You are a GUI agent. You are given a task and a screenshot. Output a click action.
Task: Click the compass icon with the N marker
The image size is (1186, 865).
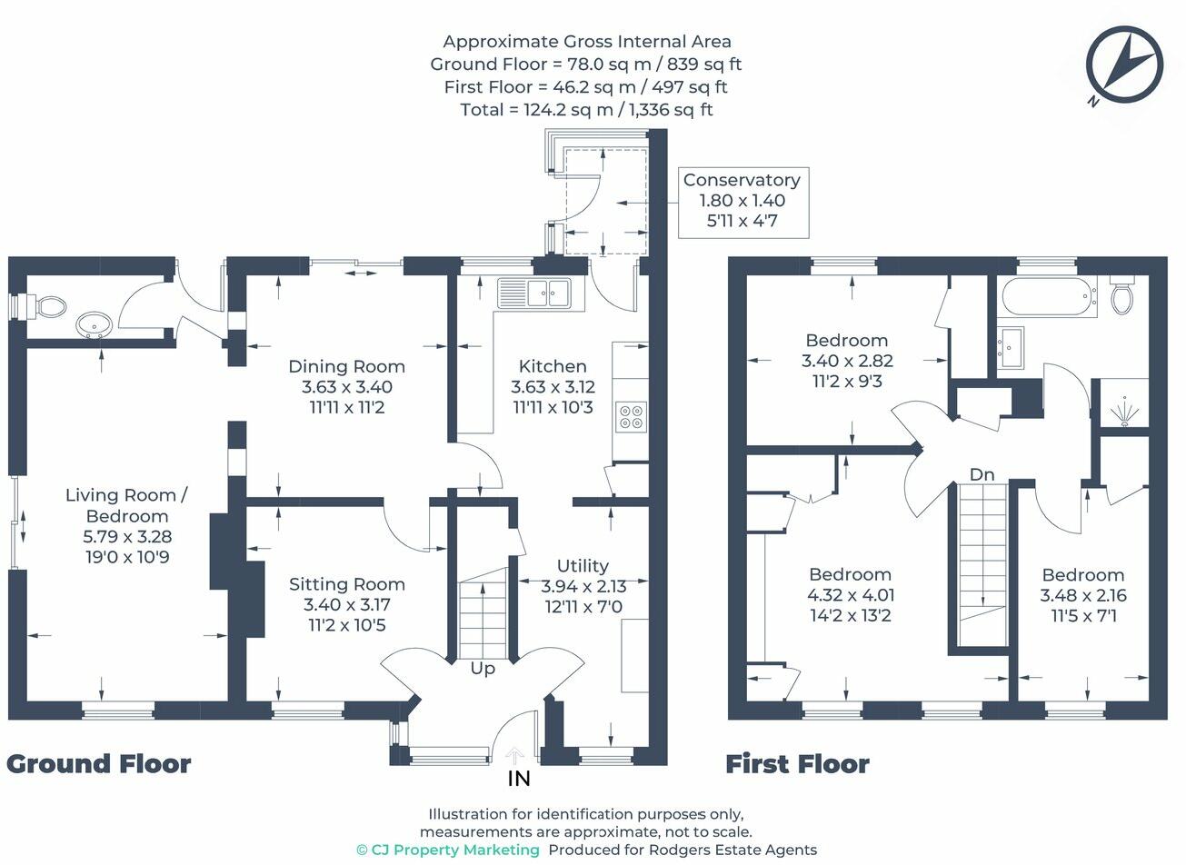pyautogui.click(x=1124, y=65)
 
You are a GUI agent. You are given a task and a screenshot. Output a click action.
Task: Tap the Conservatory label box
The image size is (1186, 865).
pyautogui.click(x=743, y=203)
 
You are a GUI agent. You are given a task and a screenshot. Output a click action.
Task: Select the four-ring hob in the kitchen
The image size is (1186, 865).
pyautogui.click(x=631, y=416)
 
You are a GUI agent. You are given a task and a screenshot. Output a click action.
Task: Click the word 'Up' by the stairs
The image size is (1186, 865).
pyautogui.click(x=483, y=670)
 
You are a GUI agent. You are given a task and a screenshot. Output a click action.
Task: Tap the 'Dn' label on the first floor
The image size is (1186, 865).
pyautogui.click(x=982, y=475)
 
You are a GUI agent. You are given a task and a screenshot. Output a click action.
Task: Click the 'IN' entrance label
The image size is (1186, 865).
pyautogui.click(x=518, y=779)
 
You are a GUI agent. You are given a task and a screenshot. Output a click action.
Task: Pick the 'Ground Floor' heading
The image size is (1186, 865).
pyautogui.click(x=99, y=764)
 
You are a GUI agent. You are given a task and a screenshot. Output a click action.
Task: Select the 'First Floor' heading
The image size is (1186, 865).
pyautogui.click(x=797, y=764)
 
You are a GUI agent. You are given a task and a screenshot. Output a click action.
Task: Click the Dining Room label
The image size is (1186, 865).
pyautogui.click(x=347, y=366)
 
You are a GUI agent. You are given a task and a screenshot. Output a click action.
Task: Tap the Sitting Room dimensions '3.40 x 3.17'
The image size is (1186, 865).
pyautogui.click(x=347, y=604)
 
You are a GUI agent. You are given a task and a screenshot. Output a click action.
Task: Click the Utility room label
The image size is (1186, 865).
pyautogui.click(x=583, y=566)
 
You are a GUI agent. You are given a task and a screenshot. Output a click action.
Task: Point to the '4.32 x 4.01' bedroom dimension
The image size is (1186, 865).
pyautogui.click(x=851, y=595)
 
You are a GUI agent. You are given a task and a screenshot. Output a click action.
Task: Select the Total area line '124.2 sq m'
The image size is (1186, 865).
pyautogui.click(x=587, y=110)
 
